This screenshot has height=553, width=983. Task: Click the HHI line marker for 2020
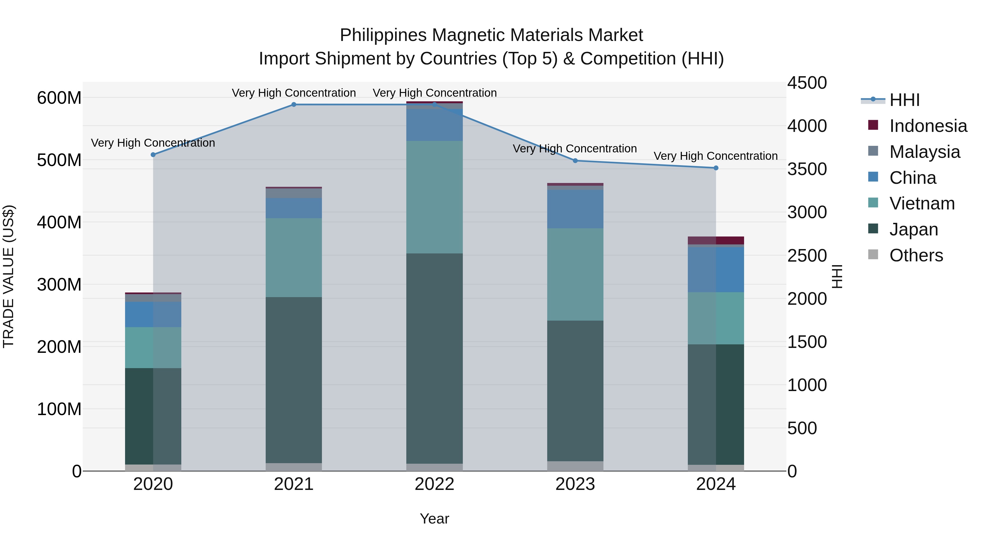click(x=153, y=155)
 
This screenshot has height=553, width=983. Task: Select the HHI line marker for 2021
click(x=294, y=105)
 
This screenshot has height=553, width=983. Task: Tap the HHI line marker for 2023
click(x=575, y=161)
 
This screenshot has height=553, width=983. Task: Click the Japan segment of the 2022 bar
click(x=434, y=359)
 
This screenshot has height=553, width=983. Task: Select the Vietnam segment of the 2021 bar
click(x=294, y=258)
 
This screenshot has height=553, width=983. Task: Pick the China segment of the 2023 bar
click(x=575, y=209)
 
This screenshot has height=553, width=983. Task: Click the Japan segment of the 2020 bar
click(x=153, y=416)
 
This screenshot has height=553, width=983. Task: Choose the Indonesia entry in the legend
click(x=928, y=126)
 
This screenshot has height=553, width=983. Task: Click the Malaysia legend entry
click(x=924, y=152)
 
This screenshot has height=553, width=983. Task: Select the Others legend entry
click(x=916, y=255)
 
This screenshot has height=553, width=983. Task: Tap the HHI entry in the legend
click(x=904, y=100)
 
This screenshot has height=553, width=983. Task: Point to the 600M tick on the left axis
click(x=59, y=98)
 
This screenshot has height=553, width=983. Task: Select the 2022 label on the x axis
click(x=434, y=484)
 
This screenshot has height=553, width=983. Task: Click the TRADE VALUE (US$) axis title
click(x=8, y=276)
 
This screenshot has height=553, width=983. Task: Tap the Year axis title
click(x=434, y=519)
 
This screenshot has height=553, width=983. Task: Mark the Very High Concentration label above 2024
click(x=715, y=156)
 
